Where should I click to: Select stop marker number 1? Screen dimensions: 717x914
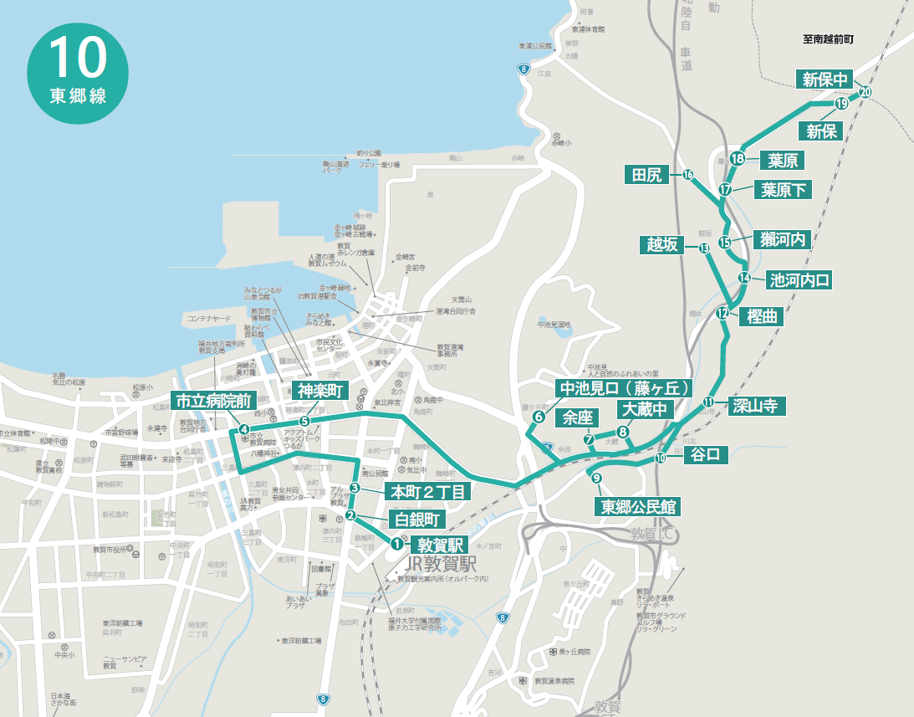click(x=396, y=543)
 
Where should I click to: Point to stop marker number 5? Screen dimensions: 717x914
click(x=304, y=421)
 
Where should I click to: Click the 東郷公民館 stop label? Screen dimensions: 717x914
click(x=637, y=506)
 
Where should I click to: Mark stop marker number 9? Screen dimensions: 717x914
click(x=596, y=479)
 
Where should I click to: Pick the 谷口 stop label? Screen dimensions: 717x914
click(x=706, y=455)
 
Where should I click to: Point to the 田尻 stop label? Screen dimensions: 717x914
click(x=647, y=175)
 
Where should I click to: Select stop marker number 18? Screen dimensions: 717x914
click(x=738, y=159)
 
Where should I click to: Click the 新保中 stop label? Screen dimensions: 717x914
click(x=823, y=80)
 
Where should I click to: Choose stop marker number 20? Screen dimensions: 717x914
click(x=865, y=92)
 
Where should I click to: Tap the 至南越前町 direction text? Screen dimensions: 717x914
click(x=831, y=38)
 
